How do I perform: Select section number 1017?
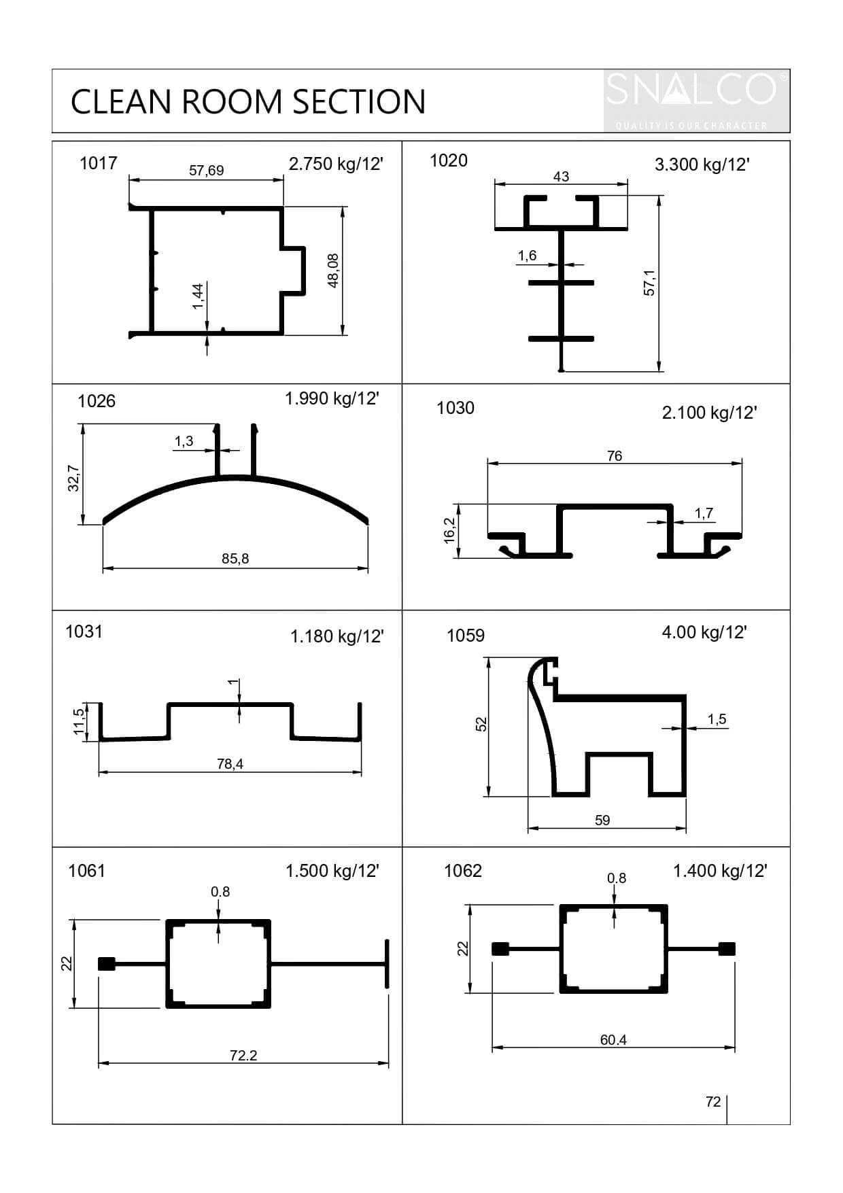pos(98,163)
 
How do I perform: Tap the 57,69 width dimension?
pos(206,171)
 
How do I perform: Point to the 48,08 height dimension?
pos(334,271)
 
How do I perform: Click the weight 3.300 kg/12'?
pos(702,165)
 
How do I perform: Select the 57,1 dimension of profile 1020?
pos(649,282)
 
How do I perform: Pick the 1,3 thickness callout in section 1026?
pos(184,441)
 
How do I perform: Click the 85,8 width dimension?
pos(235,559)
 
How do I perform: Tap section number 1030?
pos(455,408)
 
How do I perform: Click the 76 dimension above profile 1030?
pos(614,456)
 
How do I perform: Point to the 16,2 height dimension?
pos(449,530)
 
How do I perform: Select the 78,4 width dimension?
pos(230,764)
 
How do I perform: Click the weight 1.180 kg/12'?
pos(337,636)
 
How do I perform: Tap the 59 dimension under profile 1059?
pos(602,820)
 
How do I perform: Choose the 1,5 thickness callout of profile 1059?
pos(717,719)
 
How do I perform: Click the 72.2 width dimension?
pos(243,1055)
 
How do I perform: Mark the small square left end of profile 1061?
pos(106,964)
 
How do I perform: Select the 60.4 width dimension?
pos(613,1039)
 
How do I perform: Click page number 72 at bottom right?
pos(712,1101)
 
